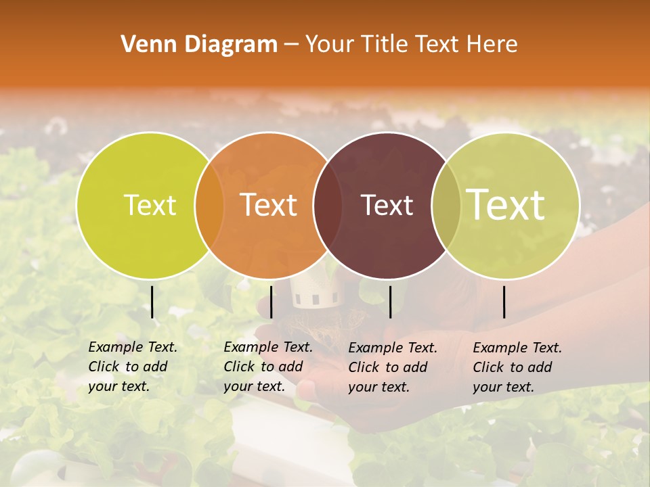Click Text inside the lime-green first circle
pos(150,205)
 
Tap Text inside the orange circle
pos(269,205)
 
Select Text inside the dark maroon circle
pos(387,206)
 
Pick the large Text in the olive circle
pos(506,204)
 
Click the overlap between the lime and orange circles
pos(209,206)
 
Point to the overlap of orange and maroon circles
pos(328,206)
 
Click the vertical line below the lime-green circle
pos(152,302)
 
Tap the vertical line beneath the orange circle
pos(271,302)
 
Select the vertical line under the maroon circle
pos(390,302)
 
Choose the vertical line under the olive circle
pos(504,302)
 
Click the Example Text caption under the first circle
pos(132,367)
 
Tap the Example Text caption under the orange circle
pos(267,367)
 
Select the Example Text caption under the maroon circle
pos(392,367)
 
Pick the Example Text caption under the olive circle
pos(517,367)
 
